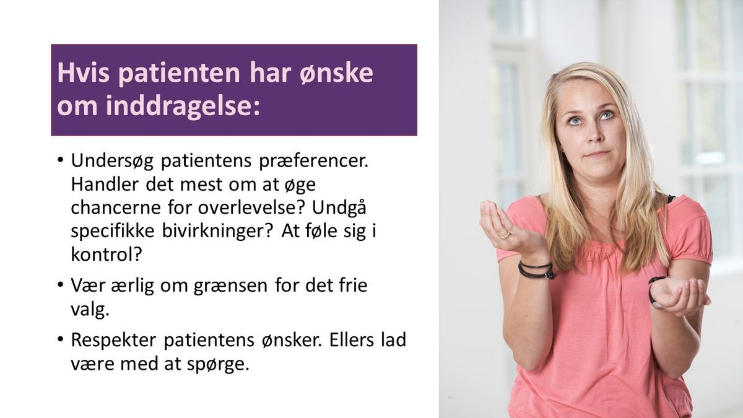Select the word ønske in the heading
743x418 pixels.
pos(343,73)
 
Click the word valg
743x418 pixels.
pos(89,309)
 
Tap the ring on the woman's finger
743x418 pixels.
pos(505,235)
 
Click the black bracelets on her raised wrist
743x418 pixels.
pos(537,270)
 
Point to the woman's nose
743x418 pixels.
pos(593,134)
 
